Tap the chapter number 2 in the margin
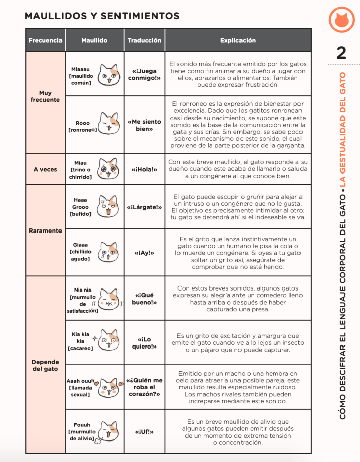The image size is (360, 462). (x=341, y=53)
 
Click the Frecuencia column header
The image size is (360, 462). (x=45, y=40)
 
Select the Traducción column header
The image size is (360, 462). (x=144, y=40)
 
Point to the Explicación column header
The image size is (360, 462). (x=237, y=40)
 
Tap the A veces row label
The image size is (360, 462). (x=45, y=170)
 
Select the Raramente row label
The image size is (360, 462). (x=45, y=230)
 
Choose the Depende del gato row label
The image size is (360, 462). (x=45, y=365)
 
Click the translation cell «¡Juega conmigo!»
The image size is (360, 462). (x=144, y=75)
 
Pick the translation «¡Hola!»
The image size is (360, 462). (x=144, y=170)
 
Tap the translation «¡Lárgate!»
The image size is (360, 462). (x=144, y=207)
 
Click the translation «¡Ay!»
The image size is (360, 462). (x=144, y=253)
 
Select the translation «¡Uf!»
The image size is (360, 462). (x=144, y=432)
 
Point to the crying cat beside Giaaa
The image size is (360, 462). (x=108, y=252)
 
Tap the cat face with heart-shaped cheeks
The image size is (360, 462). (x=108, y=387)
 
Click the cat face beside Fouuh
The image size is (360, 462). (x=109, y=432)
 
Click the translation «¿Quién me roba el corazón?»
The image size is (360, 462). (x=144, y=387)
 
